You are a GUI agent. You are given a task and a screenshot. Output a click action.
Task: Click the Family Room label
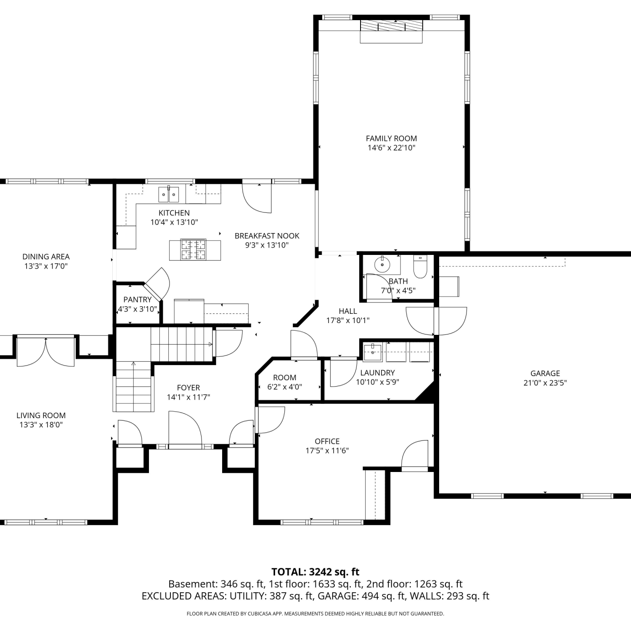[391, 138]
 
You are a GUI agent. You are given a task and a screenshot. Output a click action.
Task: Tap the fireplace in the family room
[391, 31]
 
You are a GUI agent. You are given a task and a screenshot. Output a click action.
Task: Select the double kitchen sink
[168, 194]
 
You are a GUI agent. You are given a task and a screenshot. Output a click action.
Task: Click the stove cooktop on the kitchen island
[194, 249]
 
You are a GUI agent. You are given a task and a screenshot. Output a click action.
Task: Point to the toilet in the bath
[420, 266]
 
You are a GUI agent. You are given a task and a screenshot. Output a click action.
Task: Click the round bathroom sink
[382, 265]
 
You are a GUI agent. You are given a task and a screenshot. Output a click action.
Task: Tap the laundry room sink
[373, 352]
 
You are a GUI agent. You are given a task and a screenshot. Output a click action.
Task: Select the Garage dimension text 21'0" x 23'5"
[545, 383]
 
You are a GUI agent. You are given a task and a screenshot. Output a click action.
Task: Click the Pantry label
[137, 300]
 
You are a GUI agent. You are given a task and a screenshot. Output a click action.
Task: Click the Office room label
[327, 441]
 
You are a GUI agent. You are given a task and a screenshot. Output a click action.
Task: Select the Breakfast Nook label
[267, 236]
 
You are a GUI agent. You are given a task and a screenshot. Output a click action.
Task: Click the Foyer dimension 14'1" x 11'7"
[188, 397]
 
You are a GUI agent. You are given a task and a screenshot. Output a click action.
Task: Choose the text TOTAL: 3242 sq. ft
[315, 572]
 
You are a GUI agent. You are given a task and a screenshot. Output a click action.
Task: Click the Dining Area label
[46, 257]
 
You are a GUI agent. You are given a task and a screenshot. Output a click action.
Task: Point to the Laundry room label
[377, 373]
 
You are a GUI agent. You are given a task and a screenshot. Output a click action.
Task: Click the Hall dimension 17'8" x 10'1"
[348, 321]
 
